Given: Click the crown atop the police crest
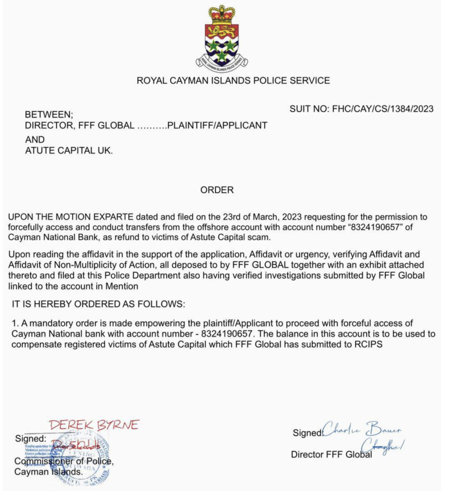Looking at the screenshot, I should point(221,14).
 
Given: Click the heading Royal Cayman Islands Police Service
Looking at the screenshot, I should point(233,80).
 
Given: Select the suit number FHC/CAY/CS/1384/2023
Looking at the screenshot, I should point(361,109).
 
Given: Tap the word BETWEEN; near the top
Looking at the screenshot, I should point(49,115).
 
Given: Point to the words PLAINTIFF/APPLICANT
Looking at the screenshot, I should point(217,126).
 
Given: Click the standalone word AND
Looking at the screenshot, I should point(35,140).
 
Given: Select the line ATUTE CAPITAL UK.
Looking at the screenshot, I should point(69,150).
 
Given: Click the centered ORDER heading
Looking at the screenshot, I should point(217,190).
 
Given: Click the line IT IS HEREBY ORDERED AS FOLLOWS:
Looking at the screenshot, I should point(98,304).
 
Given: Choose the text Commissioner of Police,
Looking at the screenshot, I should point(64,462).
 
